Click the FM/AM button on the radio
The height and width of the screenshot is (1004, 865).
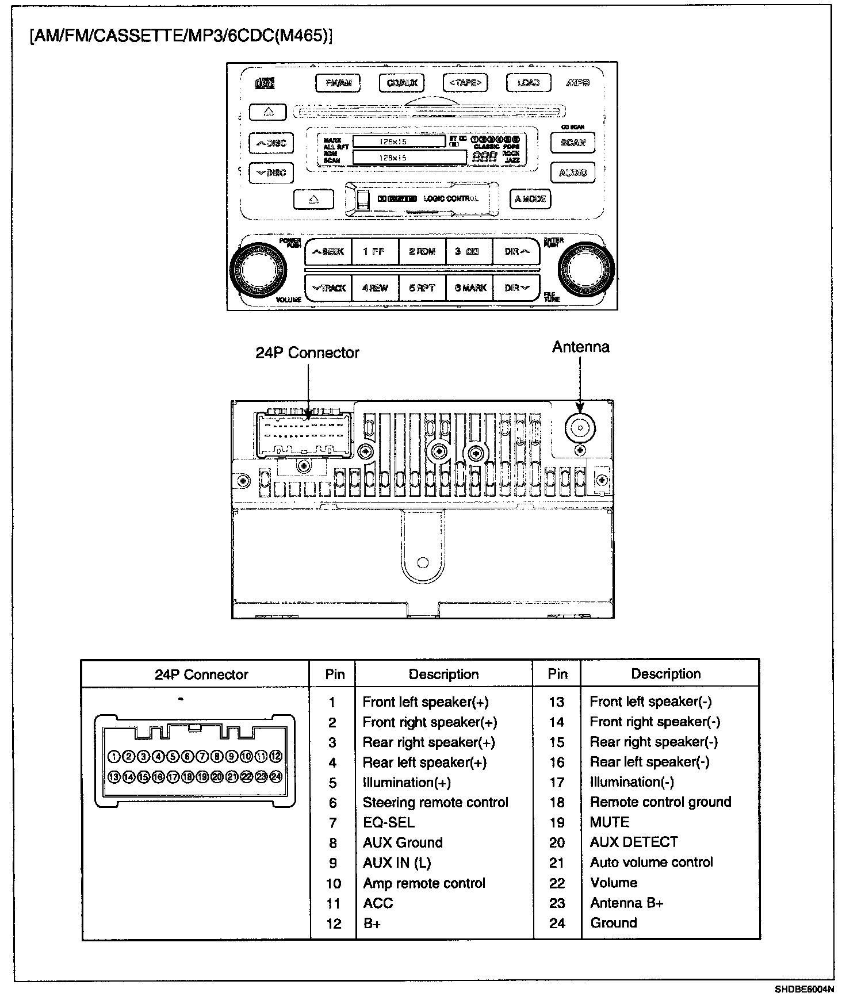338,83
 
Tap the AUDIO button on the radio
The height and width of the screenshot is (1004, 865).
573,173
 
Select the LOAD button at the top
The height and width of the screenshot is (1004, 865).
528,83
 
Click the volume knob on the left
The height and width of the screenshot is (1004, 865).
258,269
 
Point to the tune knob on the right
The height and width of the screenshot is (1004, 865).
586,269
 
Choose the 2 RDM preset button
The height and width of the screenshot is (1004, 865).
422,251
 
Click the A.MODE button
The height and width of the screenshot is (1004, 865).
530,199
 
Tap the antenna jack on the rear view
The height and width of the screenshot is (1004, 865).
580,428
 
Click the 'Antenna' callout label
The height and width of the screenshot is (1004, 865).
580,347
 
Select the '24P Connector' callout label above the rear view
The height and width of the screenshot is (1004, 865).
307,352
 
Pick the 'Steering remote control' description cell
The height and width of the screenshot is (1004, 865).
435,802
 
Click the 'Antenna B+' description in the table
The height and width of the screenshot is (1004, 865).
626,903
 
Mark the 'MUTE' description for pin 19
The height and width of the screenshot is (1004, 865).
610,822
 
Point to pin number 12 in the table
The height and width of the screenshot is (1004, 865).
334,923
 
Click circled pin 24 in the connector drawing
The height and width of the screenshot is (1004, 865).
276,777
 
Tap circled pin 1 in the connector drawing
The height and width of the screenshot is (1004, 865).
114,756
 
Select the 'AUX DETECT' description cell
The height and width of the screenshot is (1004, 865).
634,842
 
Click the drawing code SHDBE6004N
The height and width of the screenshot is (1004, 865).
803,989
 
